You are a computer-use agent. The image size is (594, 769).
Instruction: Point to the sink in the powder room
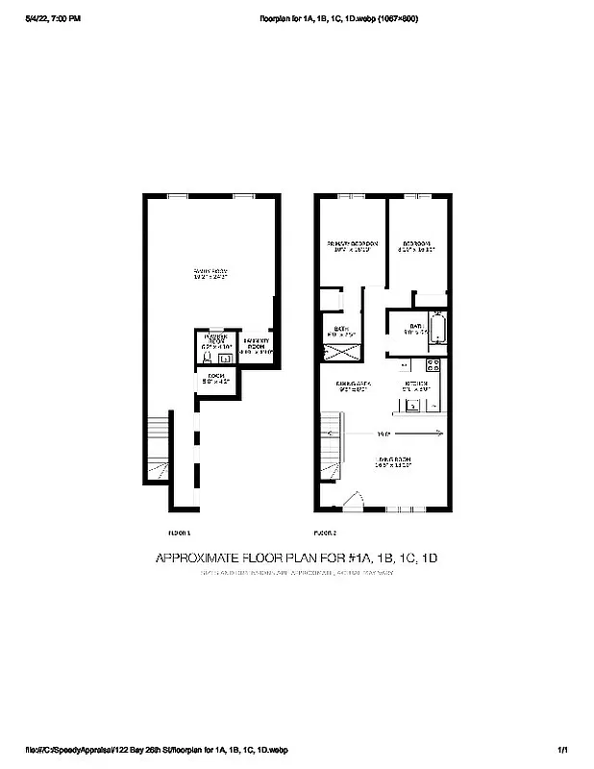tap(225, 359)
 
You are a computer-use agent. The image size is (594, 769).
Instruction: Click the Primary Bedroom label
tap(352, 247)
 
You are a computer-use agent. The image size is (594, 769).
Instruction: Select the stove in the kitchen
tap(433, 364)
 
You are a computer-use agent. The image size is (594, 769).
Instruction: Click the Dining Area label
tap(351, 385)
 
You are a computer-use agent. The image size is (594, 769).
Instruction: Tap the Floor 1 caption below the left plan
tap(179, 532)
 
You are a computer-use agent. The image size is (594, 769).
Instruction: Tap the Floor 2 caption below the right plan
tap(325, 532)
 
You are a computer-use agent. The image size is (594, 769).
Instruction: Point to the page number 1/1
tap(562, 750)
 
